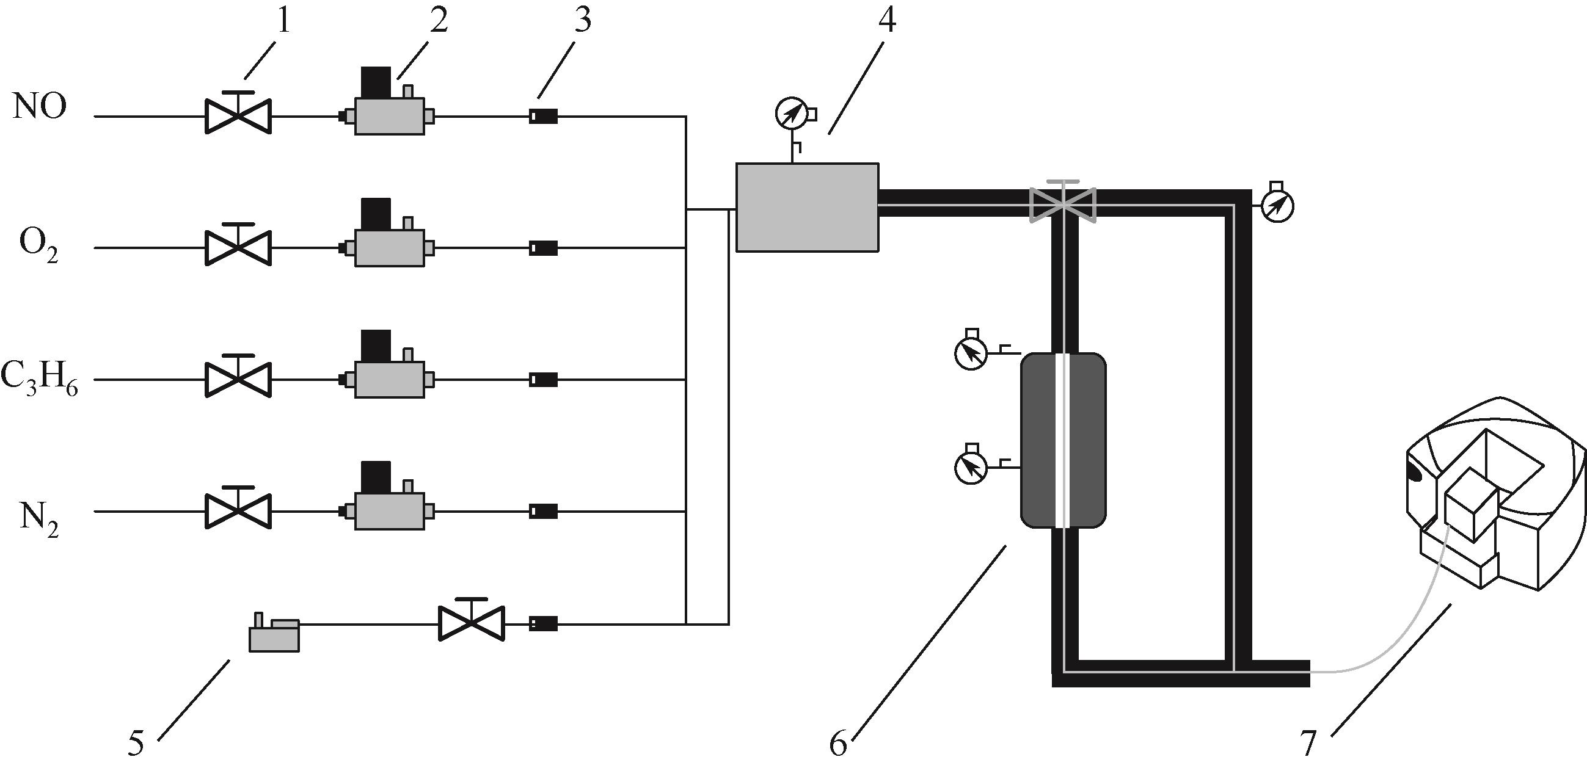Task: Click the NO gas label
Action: coord(40,107)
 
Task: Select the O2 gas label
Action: coord(40,248)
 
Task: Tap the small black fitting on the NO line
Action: coord(544,116)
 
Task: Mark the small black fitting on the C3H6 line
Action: coord(544,380)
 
